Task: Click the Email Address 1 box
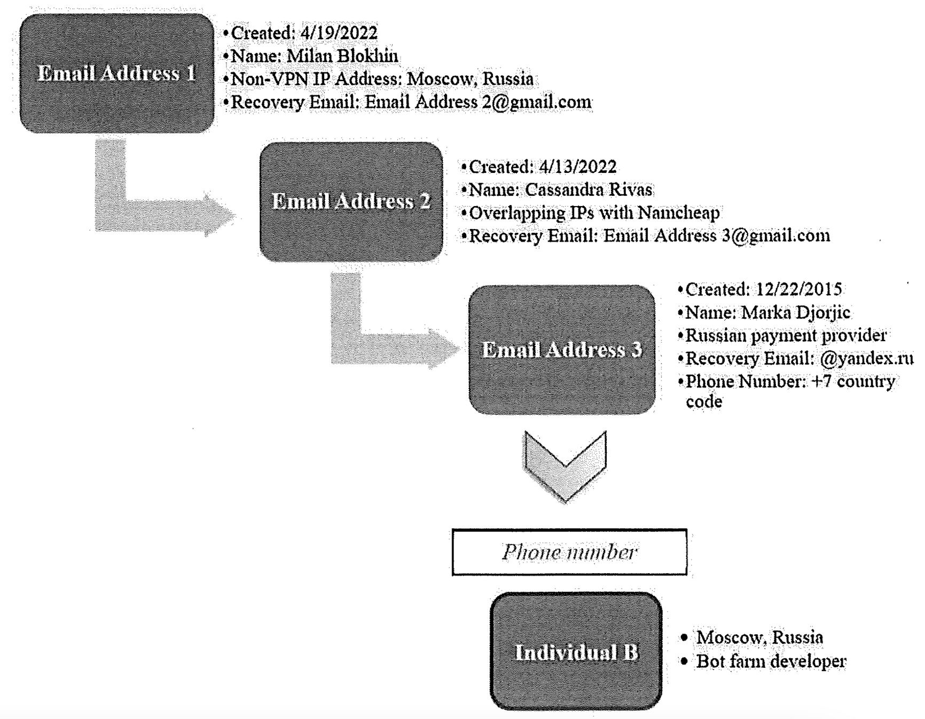pos(116,74)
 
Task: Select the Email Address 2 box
pos(351,202)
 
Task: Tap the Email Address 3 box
pos(562,350)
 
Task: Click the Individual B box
pos(576,652)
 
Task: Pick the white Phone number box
pos(569,552)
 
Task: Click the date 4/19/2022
pos(339,33)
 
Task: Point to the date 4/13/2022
pos(577,167)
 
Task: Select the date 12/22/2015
pos(799,289)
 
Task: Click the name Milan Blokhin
pos(342,56)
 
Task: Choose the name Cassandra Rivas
pos(588,190)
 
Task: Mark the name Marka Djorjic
pos(796,312)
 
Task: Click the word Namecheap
pos(678,213)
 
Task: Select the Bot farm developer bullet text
pos(771,661)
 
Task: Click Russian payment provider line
pos(786,336)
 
